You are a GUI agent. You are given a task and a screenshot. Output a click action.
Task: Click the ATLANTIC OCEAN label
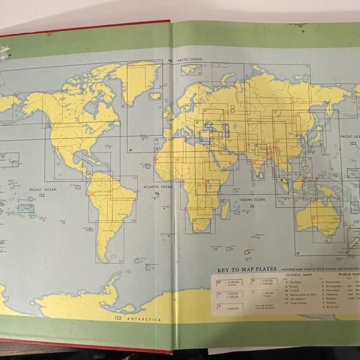[x=158, y=186]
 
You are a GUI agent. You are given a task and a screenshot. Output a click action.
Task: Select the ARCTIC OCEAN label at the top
[x=190, y=60]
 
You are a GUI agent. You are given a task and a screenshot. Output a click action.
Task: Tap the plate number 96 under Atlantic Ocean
[x=158, y=194]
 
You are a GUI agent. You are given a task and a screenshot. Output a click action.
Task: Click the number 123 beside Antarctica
[x=117, y=318]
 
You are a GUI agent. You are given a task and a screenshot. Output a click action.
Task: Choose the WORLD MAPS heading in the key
[x=348, y=274]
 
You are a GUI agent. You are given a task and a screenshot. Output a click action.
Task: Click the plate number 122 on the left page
[x=42, y=195]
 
